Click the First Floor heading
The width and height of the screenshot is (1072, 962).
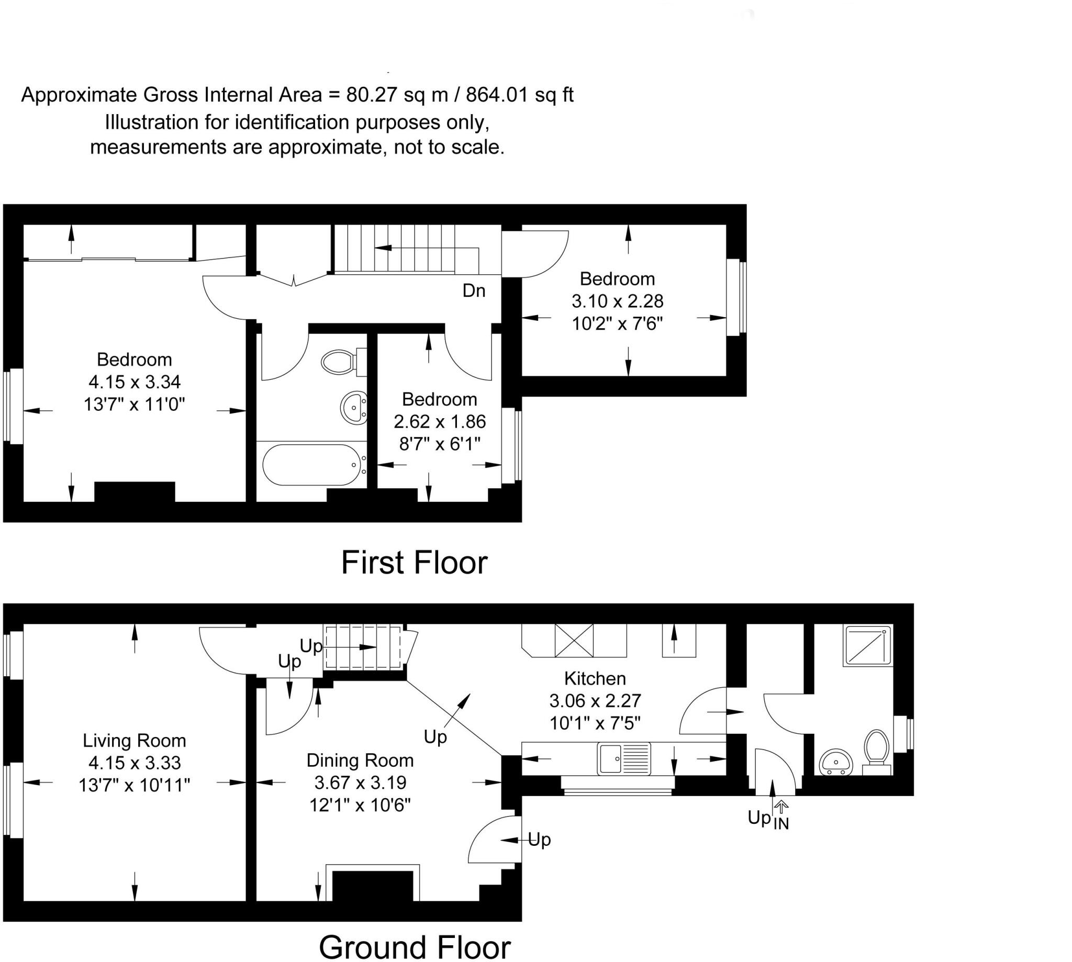tap(414, 563)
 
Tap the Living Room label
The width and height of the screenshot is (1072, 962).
tap(135, 741)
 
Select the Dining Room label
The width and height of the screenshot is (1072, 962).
tap(360, 760)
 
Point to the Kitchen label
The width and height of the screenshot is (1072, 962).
tap(595, 678)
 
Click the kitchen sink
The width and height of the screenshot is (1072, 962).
tap(624, 758)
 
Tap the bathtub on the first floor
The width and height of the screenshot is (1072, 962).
tap(311, 465)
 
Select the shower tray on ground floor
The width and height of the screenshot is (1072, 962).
tap(868, 645)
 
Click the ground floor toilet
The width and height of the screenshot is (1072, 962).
tap(875, 749)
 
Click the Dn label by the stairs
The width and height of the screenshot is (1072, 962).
tap(474, 290)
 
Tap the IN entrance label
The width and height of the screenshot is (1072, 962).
tap(781, 823)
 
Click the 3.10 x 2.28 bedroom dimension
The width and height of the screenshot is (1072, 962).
tap(617, 301)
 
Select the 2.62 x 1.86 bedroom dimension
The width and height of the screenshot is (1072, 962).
tap(439, 422)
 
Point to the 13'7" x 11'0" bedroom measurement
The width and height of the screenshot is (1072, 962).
tap(135, 405)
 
